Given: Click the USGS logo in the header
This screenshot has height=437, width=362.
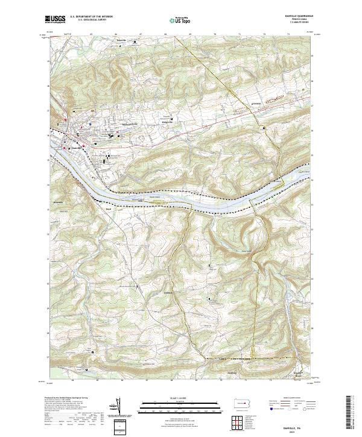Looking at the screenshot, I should (56, 19).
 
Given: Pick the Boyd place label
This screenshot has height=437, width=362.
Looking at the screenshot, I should (109, 209).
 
